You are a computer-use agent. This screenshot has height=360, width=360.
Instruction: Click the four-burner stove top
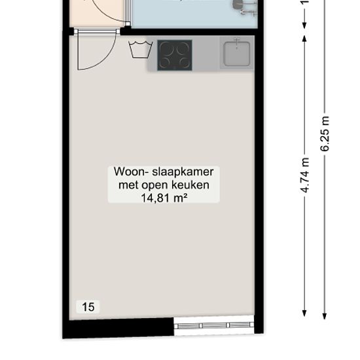click(x=175, y=54)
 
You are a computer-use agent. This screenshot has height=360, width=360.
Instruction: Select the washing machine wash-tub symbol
click(x=141, y=49)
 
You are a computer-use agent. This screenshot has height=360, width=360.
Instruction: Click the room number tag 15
click(x=88, y=306)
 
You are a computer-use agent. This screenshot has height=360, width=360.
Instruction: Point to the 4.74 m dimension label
click(x=305, y=175)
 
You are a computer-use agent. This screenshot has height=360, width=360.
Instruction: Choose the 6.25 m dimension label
click(x=325, y=134)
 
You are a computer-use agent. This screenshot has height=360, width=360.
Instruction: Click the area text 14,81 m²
click(x=164, y=197)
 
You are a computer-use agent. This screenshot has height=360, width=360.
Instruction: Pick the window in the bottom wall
click(x=213, y=325)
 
